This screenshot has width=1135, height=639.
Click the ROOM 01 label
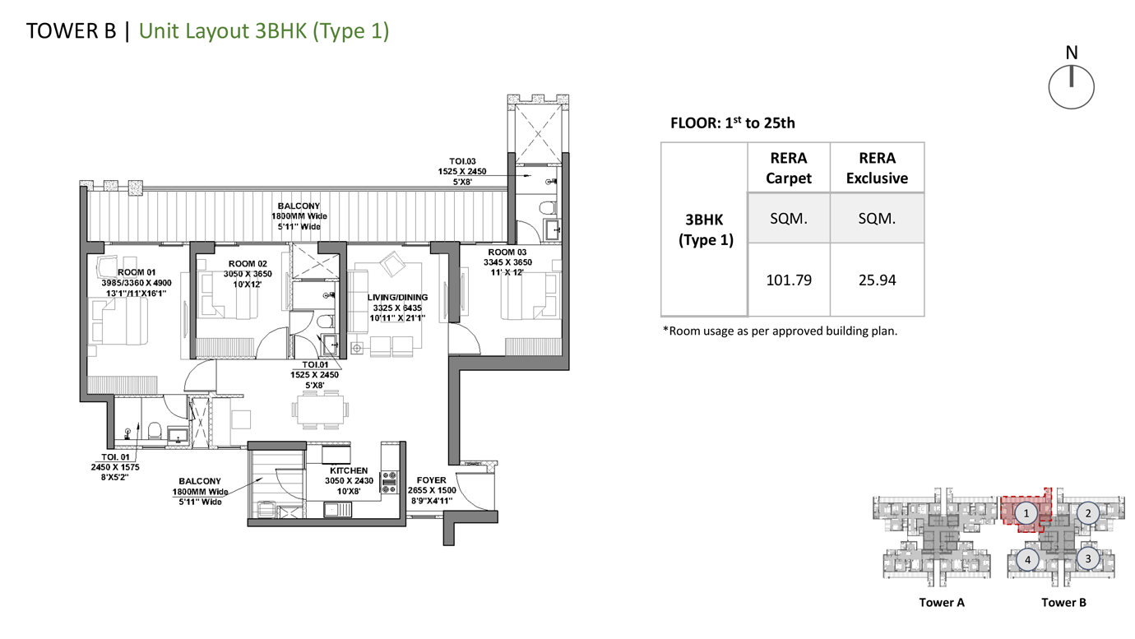click(137, 272)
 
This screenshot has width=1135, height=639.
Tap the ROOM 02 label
click(248, 263)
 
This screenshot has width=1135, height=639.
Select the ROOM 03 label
click(507, 252)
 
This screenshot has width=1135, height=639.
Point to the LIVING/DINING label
click(398, 298)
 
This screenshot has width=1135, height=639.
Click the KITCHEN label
click(349, 470)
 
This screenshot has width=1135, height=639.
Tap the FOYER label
click(432, 480)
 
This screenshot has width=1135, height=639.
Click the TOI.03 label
click(462, 162)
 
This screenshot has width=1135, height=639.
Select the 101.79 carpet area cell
click(789, 280)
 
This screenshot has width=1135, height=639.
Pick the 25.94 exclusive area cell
click(877, 280)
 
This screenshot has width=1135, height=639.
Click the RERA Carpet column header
click(789, 168)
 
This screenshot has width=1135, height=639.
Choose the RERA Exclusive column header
click(877, 168)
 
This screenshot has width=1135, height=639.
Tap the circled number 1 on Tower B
click(1026, 513)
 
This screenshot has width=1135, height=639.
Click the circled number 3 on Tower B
click(1087, 559)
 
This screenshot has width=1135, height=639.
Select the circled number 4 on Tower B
click(1027, 560)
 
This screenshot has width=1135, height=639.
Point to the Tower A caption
click(942, 603)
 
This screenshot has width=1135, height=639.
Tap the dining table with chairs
click(320, 410)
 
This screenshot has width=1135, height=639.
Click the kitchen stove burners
click(389, 483)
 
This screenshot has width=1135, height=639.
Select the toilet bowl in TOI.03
click(547, 208)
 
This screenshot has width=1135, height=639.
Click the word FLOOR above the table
click(693, 123)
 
